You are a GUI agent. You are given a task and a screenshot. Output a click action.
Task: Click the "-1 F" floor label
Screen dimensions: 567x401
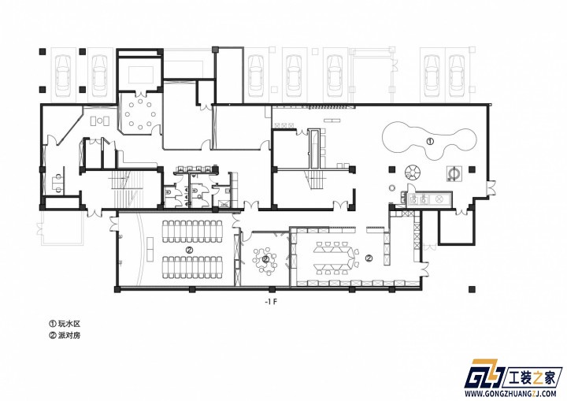point(270,303)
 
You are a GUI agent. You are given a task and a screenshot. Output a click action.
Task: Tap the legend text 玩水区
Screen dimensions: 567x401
point(69,324)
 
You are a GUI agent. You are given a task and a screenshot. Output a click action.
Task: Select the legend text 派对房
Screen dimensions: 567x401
point(69,336)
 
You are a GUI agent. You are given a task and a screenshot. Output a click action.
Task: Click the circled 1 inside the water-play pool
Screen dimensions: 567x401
point(430,142)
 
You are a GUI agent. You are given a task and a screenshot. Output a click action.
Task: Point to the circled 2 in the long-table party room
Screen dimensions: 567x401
point(369,258)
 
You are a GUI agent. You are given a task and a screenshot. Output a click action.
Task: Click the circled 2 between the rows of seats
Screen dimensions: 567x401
point(189,250)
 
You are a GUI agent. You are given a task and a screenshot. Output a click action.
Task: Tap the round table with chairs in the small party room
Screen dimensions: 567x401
point(265,259)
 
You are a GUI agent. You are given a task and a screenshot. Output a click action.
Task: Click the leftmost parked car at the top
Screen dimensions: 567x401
point(64,76)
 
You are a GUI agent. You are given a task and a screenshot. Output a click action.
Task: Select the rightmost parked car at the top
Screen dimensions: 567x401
point(456,76)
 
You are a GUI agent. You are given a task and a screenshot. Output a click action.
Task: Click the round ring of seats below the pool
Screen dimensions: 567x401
point(413,172)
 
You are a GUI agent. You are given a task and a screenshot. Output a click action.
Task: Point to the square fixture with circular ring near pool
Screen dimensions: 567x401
point(454,173)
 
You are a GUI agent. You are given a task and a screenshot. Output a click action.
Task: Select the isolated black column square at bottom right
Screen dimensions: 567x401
point(472,289)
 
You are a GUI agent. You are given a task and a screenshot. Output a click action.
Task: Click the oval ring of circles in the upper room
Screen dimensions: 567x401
point(140,114)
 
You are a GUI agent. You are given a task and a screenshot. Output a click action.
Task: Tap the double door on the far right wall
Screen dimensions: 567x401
point(491,188)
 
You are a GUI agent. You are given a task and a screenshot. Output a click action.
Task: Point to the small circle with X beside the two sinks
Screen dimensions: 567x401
point(439,199)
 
